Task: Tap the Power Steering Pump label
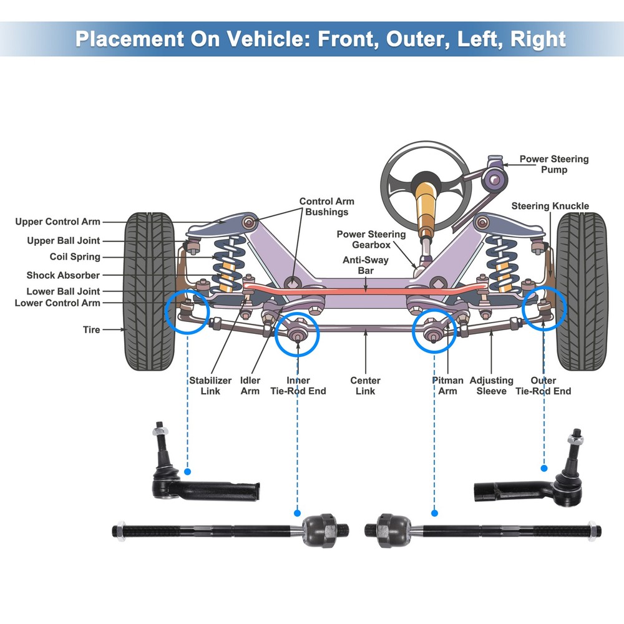click(x=553, y=165)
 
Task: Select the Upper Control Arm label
click(x=57, y=222)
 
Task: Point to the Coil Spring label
click(x=75, y=257)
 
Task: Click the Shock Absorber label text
click(x=63, y=275)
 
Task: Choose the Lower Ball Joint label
click(x=63, y=291)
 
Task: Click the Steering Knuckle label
click(x=550, y=206)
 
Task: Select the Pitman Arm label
click(x=447, y=386)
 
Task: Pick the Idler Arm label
click(x=250, y=386)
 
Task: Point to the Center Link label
click(x=365, y=386)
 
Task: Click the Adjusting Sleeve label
click(x=491, y=386)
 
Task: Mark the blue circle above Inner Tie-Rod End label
click(x=297, y=334)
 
